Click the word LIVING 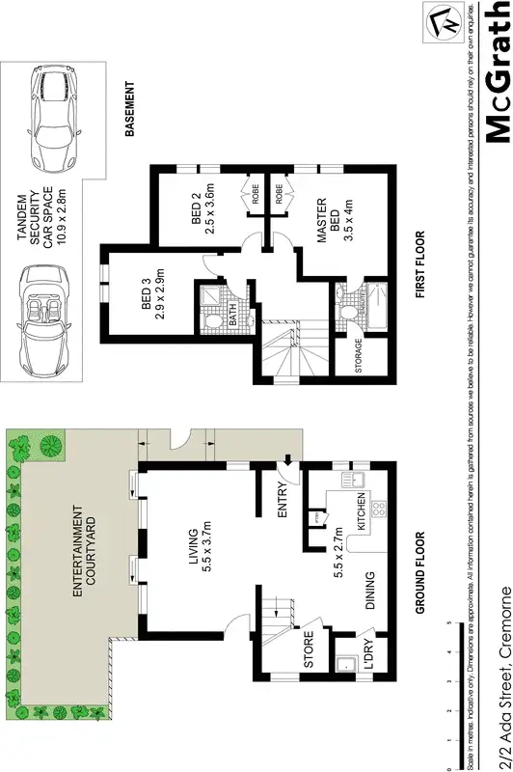pos(194,549)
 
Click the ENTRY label pos(283,509)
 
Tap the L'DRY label pos(370,653)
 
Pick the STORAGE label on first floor pos(359,356)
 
